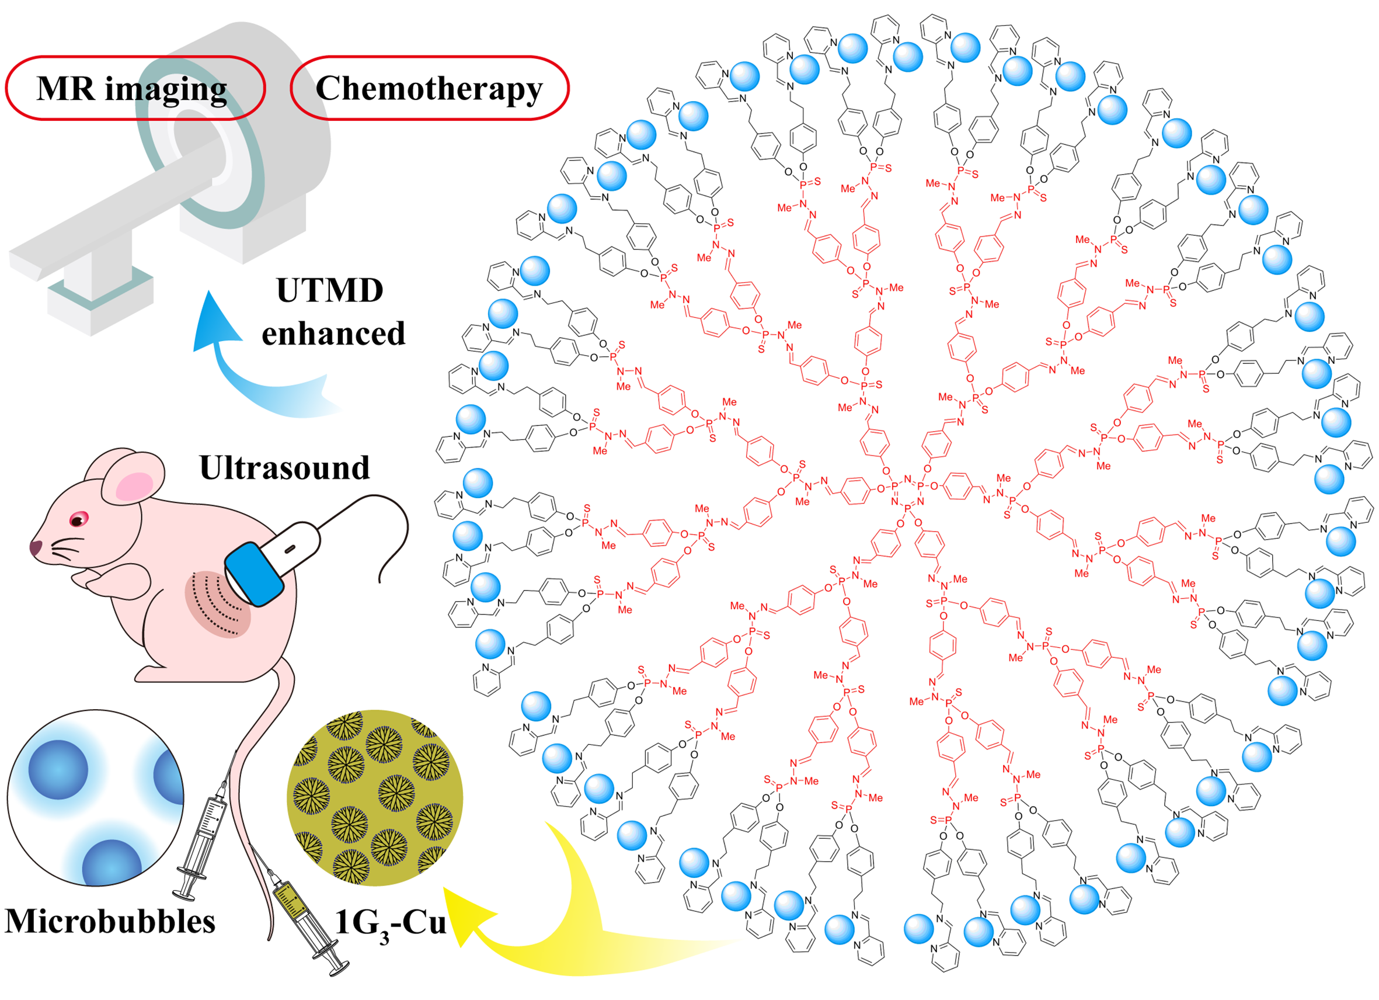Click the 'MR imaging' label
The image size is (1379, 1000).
click(x=132, y=89)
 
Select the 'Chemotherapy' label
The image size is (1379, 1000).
click(x=429, y=89)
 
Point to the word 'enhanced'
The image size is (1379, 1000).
click(x=333, y=334)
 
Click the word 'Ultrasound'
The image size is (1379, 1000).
click(x=284, y=468)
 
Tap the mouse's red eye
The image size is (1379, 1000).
click(x=78, y=519)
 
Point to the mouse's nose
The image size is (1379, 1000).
click(x=35, y=547)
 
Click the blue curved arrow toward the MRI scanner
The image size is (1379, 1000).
click(x=243, y=365)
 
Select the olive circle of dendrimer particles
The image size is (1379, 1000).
click(x=375, y=797)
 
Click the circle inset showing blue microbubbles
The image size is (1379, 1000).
click(x=96, y=797)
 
